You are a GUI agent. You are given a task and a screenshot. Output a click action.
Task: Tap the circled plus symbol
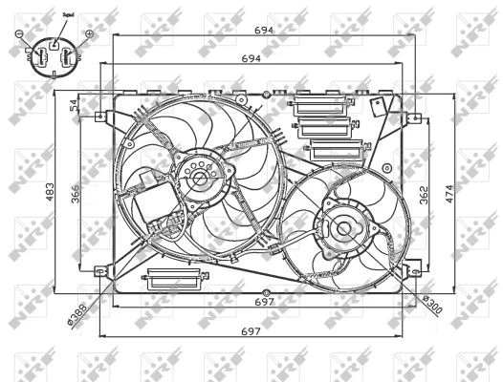tap(89, 34)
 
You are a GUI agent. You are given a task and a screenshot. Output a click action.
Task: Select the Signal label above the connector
tap(67, 15)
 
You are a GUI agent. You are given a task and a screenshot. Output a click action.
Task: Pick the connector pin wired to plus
tap(67, 58)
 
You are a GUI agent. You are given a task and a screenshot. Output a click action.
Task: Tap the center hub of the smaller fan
tap(340, 227)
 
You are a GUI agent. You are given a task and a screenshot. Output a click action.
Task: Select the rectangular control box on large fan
tap(152, 204)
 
